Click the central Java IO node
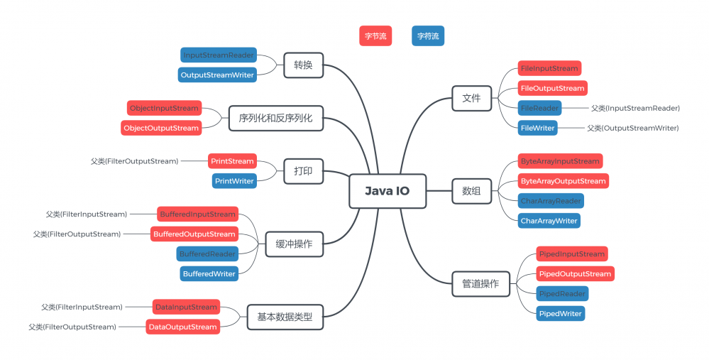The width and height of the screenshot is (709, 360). pyautogui.click(x=387, y=191)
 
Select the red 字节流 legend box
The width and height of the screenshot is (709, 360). pyautogui.click(x=375, y=36)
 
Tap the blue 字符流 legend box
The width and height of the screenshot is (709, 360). pyautogui.click(x=428, y=36)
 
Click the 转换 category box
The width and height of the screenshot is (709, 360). pyautogui.click(x=303, y=65)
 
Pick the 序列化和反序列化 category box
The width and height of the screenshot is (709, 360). pyautogui.click(x=275, y=118)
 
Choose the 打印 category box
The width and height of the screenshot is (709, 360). pyautogui.click(x=303, y=171)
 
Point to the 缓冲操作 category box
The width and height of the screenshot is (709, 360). pyautogui.click(x=294, y=245)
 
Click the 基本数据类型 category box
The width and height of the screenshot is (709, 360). pyautogui.click(x=285, y=317)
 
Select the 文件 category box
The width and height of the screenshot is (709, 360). pyautogui.click(x=471, y=98)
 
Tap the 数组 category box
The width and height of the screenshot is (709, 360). pyautogui.click(x=471, y=191)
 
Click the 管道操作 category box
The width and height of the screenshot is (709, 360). pyautogui.click(x=480, y=284)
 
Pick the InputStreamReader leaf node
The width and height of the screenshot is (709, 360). pyautogui.click(x=219, y=55)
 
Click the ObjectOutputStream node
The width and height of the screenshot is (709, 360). pyautogui.click(x=161, y=128)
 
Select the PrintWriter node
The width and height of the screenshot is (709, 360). pyautogui.click(x=234, y=181)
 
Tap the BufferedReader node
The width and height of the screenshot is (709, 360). pyautogui.click(x=207, y=253)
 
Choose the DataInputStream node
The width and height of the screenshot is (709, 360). pyautogui.click(x=186, y=307)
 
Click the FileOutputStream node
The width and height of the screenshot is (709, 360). pyautogui.click(x=553, y=88)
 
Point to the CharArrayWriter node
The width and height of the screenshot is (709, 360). pyautogui.click(x=549, y=221)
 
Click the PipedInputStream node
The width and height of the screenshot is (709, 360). pyautogui.click(x=571, y=253)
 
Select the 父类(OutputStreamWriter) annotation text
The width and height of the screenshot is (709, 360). pyautogui.click(x=633, y=128)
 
